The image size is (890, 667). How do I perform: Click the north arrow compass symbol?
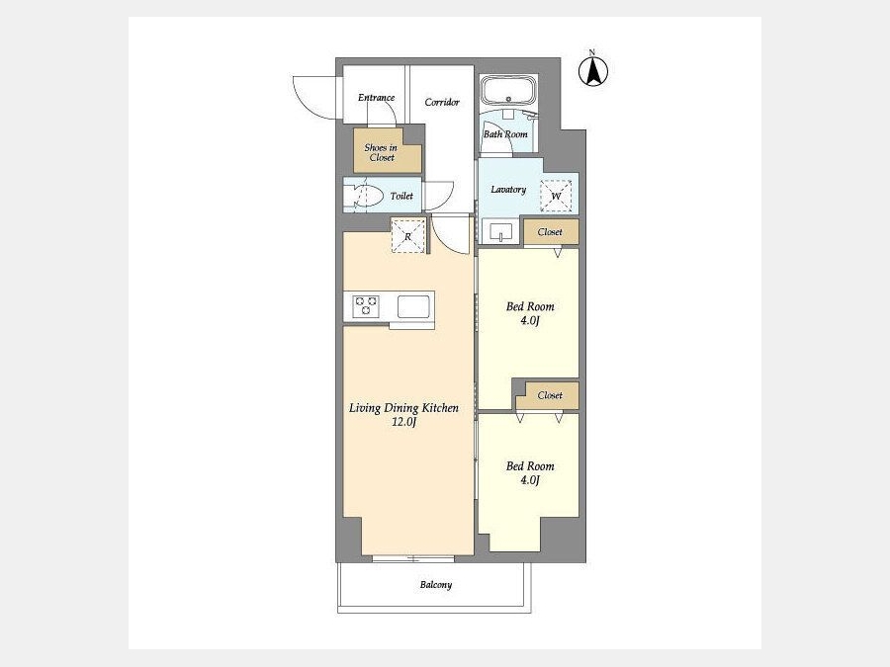pyautogui.click(x=593, y=71)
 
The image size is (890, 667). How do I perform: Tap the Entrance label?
pyautogui.click(x=376, y=98)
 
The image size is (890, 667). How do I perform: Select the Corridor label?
pyautogui.click(x=442, y=102)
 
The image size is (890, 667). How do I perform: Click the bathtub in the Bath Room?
pyautogui.click(x=508, y=90)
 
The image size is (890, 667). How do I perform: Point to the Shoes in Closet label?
pyautogui.click(x=381, y=152)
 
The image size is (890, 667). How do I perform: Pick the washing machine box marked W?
pyautogui.click(x=556, y=197)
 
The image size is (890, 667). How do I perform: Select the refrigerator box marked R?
pyautogui.click(x=408, y=235)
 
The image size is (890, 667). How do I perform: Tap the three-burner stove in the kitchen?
pyautogui.click(x=366, y=307)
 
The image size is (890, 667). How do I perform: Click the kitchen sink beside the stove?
pyautogui.click(x=413, y=307)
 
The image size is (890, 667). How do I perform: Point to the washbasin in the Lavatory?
pyautogui.click(x=500, y=232)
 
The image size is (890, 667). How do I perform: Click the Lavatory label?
pyautogui.click(x=508, y=190)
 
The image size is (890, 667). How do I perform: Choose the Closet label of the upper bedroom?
pyautogui.click(x=550, y=232)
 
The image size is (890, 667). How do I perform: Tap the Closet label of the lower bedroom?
pyautogui.click(x=550, y=395)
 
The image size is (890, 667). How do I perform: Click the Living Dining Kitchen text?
pyautogui.click(x=403, y=408)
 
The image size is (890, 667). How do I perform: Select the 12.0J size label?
pyautogui.click(x=403, y=423)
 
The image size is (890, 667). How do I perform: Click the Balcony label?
pyautogui.click(x=436, y=585)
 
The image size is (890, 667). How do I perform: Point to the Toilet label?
pyautogui.click(x=401, y=197)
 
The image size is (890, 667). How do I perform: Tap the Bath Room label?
pyautogui.click(x=505, y=134)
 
